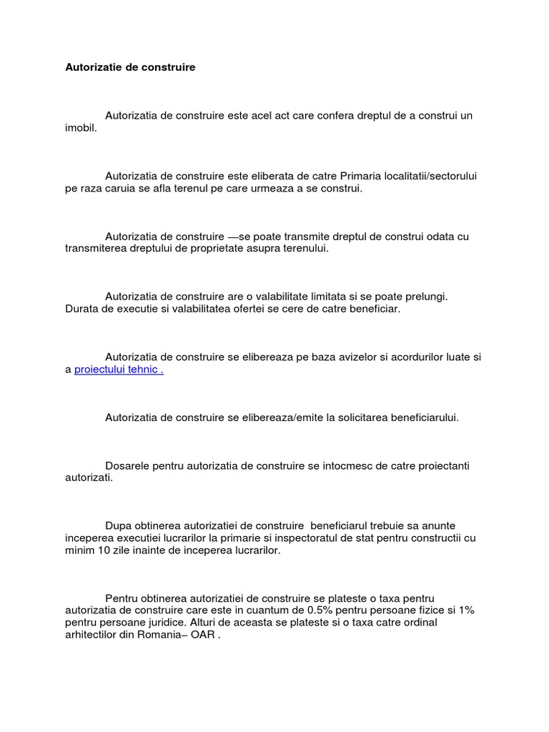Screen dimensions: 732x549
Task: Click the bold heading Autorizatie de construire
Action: click(x=130, y=67)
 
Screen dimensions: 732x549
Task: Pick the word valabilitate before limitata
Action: click(x=295, y=296)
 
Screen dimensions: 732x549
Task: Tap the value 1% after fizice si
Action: click(x=465, y=610)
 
